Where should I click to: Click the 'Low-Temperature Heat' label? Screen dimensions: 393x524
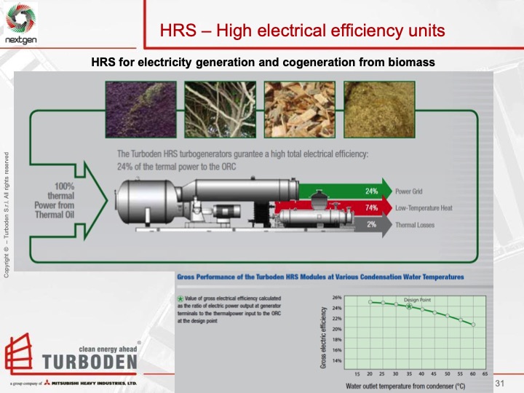(x=424, y=208)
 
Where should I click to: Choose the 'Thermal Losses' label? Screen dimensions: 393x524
(x=415, y=225)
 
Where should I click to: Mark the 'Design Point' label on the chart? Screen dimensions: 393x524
(x=418, y=301)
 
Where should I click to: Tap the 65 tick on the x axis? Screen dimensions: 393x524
(x=484, y=372)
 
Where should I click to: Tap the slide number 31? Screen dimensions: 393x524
(x=499, y=383)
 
